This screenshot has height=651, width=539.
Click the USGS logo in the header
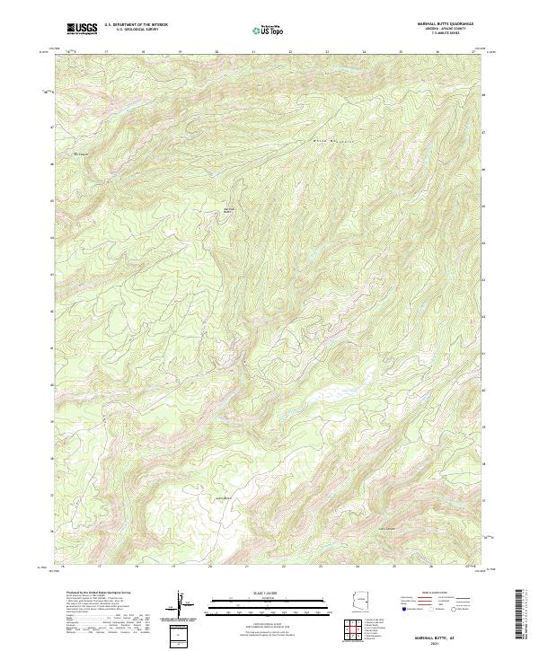tap(82, 29)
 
